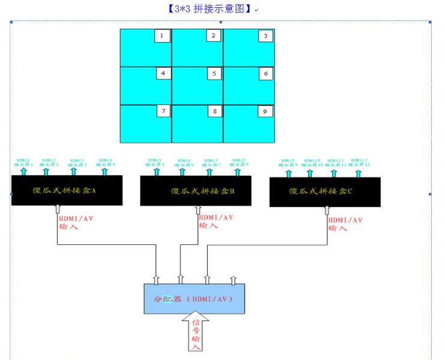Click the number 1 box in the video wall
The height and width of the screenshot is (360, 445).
coord(162,37)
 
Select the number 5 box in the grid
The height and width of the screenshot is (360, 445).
coord(214,74)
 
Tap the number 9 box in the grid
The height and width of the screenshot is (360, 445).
coord(265,112)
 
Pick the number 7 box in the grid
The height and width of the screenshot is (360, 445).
coord(162,112)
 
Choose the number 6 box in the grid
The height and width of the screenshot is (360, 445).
coord(265,74)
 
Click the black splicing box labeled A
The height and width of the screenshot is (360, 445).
coord(67,190)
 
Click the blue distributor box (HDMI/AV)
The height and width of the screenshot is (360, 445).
coord(194,298)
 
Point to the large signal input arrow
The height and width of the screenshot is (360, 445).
coord(196,330)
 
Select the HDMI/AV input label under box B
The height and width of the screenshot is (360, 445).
coord(216,221)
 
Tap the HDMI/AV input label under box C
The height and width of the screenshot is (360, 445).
coord(345,224)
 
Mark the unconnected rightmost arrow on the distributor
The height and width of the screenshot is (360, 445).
coord(234,280)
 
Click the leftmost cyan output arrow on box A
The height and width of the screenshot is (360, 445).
coord(24,172)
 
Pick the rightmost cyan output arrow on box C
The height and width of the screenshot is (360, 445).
coord(358,173)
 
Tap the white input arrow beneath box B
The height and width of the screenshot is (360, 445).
coord(198,209)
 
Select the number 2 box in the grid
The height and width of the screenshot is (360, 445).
coord(214,37)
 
